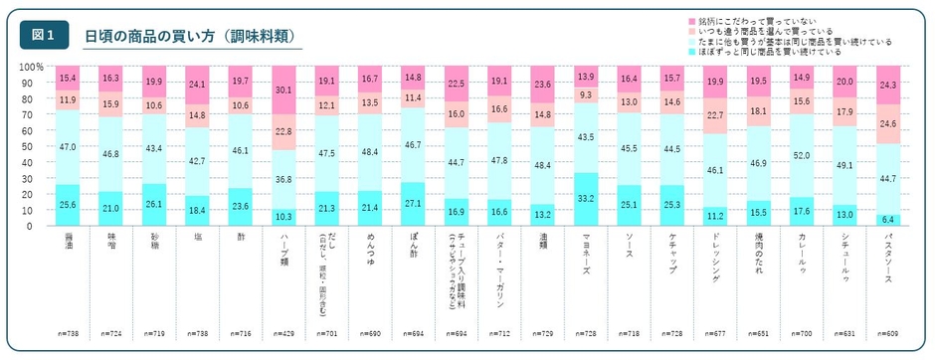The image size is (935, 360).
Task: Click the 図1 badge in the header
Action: click(44, 35)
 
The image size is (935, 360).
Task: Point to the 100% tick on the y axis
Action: click(31, 66)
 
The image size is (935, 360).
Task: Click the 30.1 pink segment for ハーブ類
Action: click(284, 90)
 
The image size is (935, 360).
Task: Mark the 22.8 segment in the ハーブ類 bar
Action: click(284, 131)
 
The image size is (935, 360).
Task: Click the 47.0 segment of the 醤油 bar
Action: click(68, 145)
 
